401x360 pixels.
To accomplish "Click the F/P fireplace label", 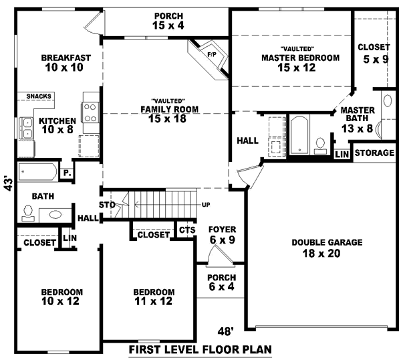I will click(x=211, y=54).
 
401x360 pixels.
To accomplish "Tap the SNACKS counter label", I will click(x=39, y=96).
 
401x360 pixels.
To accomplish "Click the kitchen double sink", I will click(x=27, y=127).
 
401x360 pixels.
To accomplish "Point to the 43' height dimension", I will click(x=8, y=183).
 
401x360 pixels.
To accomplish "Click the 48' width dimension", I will click(x=227, y=330).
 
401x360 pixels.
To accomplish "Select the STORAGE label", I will click(x=374, y=153).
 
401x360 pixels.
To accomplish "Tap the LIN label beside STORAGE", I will click(x=342, y=155).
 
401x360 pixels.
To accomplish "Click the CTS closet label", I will click(x=186, y=230).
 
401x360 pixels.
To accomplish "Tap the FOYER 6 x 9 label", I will click(x=222, y=234).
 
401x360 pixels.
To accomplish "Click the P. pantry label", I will click(x=68, y=173).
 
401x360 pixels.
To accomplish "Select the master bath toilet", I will click(x=319, y=143).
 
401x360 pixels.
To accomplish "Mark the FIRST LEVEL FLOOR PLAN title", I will click(x=200, y=350).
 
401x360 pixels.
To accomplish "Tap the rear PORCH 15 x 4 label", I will click(x=168, y=21).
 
